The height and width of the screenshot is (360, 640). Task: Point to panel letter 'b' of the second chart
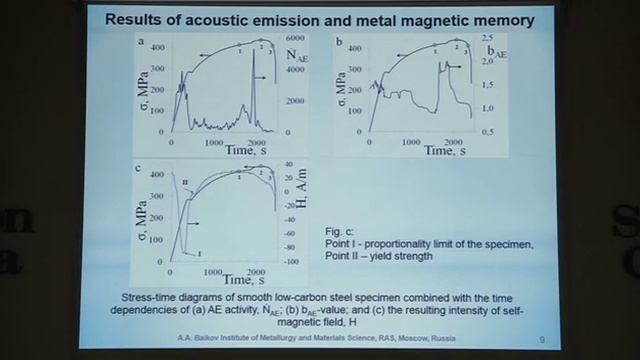340,43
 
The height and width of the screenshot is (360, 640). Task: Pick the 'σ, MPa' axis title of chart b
341,95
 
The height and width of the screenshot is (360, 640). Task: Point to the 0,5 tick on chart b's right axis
487,132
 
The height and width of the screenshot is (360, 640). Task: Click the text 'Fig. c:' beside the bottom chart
340,231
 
